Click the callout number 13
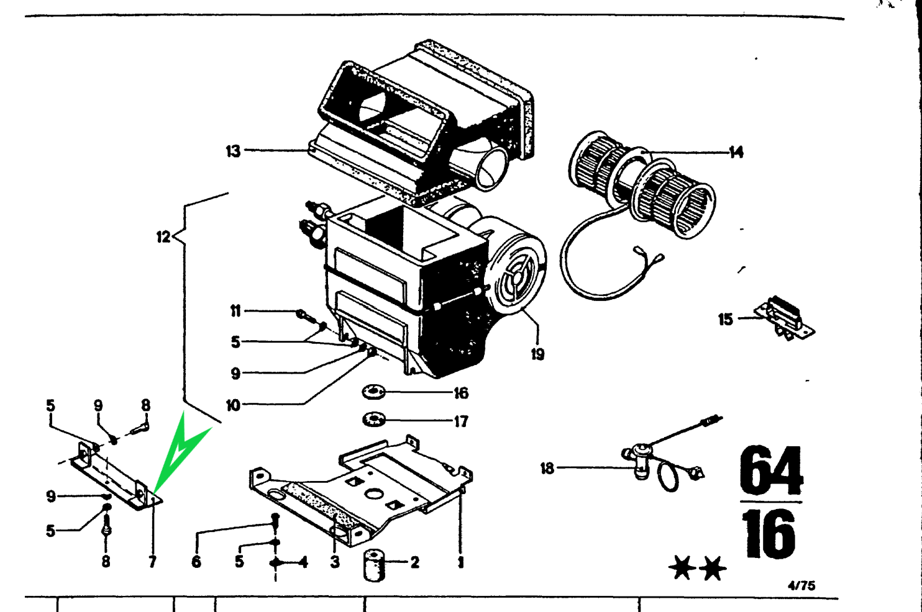[x=233, y=151]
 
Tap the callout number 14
[x=736, y=152]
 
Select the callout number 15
[x=725, y=320]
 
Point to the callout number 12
[x=163, y=236]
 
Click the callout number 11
[x=235, y=310]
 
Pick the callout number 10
[x=233, y=405]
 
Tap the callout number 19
[x=537, y=354]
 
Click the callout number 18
[x=547, y=468]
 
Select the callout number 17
[x=461, y=421]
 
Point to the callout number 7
[x=152, y=562]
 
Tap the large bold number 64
[x=771, y=470]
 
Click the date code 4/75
[x=801, y=585]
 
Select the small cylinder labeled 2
[x=373, y=565]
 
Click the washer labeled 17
[x=374, y=420]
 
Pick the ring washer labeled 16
[x=374, y=392]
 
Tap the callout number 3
[x=335, y=562]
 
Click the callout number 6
[x=196, y=562]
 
